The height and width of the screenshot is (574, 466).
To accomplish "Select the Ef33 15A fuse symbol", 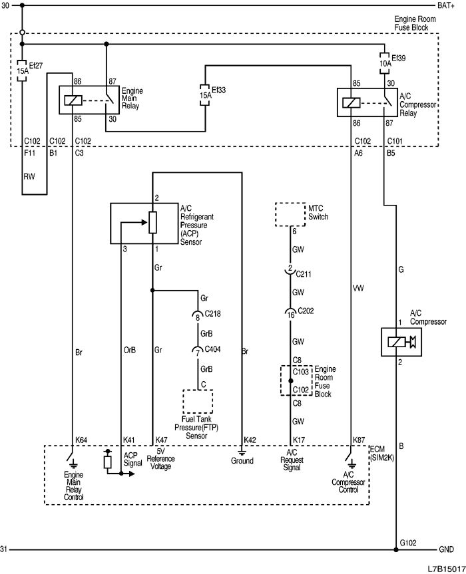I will (205, 95).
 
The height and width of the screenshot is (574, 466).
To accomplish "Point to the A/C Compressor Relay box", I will (367, 103).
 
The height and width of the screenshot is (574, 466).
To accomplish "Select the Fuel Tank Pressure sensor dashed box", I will (198, 402).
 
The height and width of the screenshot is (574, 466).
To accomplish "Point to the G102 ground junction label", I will (409, 543).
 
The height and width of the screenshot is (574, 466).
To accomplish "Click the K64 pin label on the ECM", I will (81, 440).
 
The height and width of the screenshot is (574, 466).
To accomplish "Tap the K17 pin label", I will (298, 440).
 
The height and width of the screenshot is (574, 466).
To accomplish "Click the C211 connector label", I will (305, 273).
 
